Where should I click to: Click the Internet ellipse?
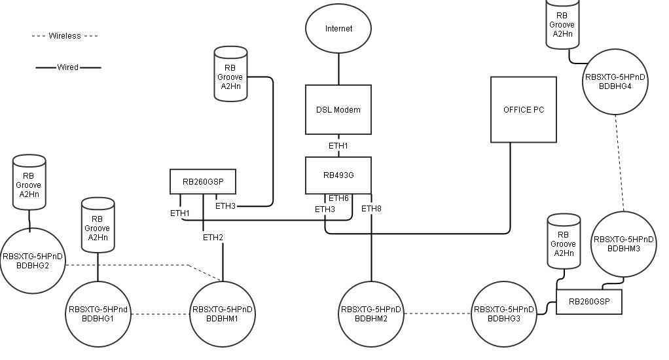pos(338,29)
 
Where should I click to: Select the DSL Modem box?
pos(338,109)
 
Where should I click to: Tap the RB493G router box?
pos(338,175)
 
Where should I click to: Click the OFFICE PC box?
pos(524,109)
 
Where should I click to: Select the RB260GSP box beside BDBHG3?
pos(588,301)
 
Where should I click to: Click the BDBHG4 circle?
pos(614,82)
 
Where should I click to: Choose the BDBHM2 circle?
pos(372,314)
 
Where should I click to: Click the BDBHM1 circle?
pos(223,314)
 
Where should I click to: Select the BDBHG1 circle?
pos(98,314)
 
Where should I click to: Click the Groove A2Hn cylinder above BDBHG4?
pos(562,24)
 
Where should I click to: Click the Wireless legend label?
pos(65,36)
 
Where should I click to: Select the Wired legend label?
pos(68,67)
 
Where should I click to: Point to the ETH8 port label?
pos(371,209)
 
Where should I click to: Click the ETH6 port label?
pos(338,198)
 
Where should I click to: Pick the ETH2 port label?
pos(213,237)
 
